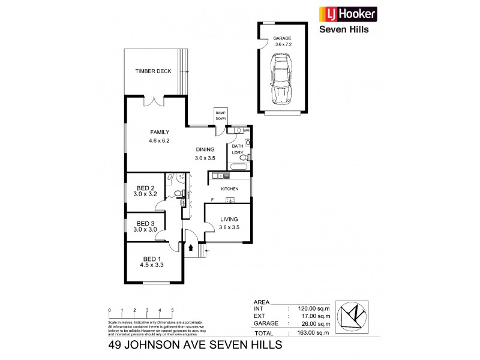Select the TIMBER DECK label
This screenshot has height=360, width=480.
[153, 71]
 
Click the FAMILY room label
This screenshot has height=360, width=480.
[160, 133]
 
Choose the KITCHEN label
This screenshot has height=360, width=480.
[230, 189]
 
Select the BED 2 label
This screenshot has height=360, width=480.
[146, 187]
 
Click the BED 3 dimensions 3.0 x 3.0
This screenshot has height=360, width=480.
[145, 230]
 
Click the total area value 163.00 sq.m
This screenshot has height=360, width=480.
[305, 333]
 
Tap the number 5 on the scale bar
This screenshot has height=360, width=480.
[172, 310]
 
